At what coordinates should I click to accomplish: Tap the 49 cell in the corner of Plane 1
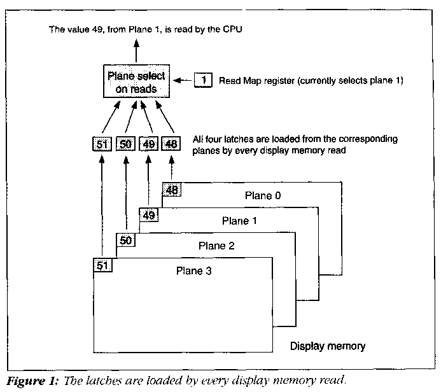tap(149, 214)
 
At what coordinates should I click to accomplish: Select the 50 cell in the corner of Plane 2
tap(125, 240)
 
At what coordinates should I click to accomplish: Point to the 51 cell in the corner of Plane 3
tap(102, 265)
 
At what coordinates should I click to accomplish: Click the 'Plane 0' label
tap(262, 195)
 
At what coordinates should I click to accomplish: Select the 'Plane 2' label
tap(215, 246)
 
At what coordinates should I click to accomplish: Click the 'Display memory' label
tap(328, 347)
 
